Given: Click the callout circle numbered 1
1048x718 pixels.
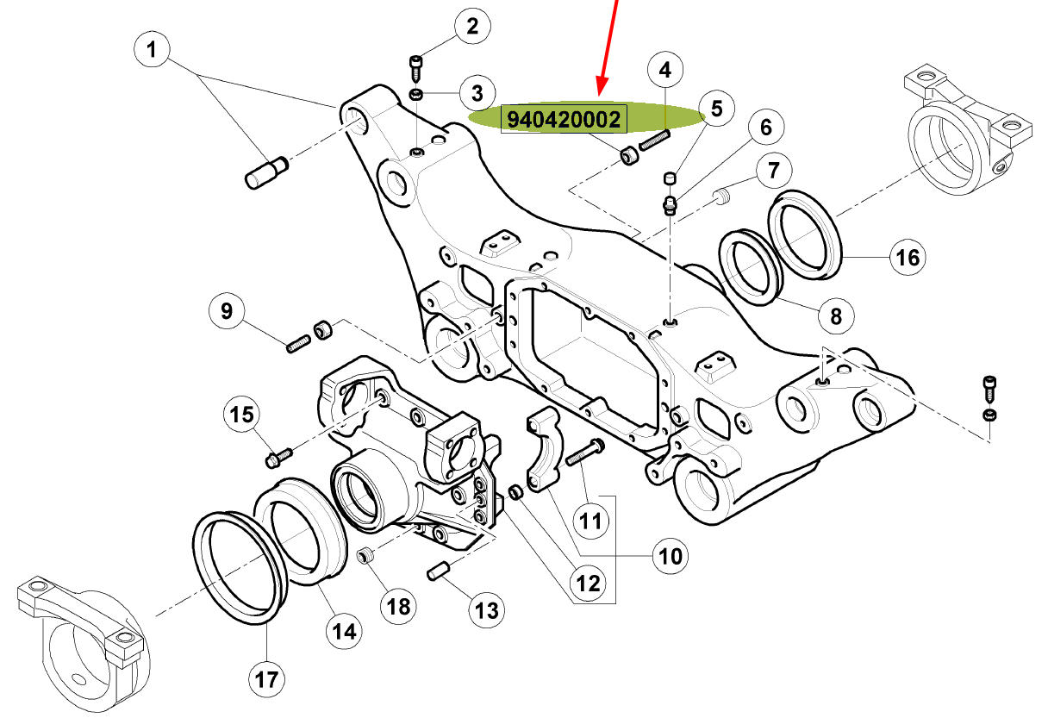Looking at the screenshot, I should (153, 51).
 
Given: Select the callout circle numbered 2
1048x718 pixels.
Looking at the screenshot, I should (472, 27).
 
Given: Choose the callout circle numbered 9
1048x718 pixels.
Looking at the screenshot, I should (227, 310).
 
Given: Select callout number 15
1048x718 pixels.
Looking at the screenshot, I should (243, 415).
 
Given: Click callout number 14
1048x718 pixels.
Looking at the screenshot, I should (344, 631).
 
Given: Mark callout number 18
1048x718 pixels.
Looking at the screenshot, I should (398, 606).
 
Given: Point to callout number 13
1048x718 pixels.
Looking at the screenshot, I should (486, 610).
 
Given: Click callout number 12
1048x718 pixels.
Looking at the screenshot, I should (588, 584).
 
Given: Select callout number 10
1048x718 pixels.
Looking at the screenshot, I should (670, 555).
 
